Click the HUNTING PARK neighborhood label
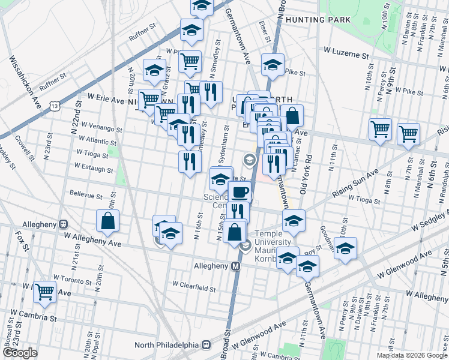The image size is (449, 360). pos(318,20)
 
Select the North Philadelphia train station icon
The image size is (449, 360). pos(206,344)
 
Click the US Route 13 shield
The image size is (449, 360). pos(55,106)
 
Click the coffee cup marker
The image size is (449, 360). pos(240,193)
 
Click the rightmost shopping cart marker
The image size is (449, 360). pos(408,134)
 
